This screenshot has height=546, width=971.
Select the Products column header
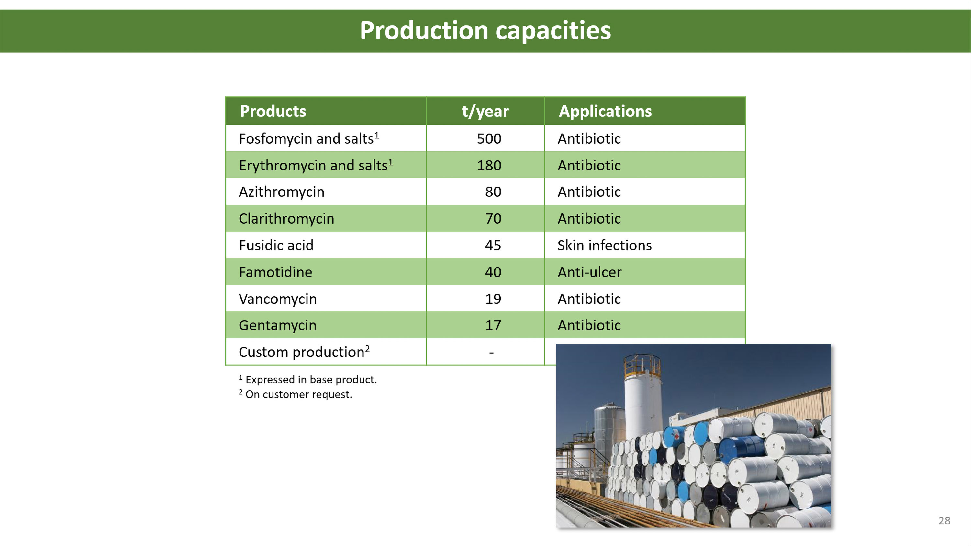point(273,111)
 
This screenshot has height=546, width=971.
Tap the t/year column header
point(485,112)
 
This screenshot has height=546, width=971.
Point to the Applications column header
point(605,111)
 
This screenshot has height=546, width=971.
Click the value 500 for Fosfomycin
point(489,139)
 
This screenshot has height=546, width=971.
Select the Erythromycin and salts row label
point(316,165)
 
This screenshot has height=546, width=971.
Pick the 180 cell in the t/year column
point(489,165)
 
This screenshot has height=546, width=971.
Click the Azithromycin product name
point(282,192)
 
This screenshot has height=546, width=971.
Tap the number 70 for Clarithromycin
point(493,219)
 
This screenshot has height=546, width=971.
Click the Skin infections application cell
point(605,245)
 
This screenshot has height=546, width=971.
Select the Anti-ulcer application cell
point(589,272)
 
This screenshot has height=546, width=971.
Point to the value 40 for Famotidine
point(493,272)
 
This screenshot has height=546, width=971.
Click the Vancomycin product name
point(278,299)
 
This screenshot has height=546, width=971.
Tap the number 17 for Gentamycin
point(493,325)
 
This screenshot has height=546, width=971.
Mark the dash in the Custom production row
point(491,353)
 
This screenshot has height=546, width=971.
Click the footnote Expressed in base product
point(308,379)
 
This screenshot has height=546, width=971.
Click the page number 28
point(944,521)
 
